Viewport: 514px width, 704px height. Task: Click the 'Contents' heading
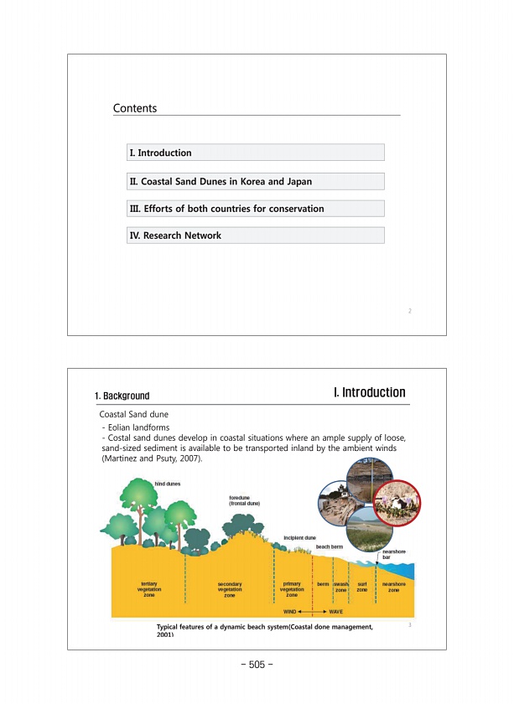[x=135, y=108]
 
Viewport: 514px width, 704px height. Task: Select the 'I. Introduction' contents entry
[x=160, y=153]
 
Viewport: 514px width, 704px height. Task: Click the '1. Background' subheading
[x=122, y=396]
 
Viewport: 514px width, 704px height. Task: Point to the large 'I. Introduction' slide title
[x=369, y=392]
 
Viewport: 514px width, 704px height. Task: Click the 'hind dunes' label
[x=168, y=484]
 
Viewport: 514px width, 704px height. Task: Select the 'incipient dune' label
[x=299, y=536]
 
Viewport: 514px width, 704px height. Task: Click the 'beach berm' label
[x=330, y=546]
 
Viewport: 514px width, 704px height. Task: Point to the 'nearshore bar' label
[x=394, y=554]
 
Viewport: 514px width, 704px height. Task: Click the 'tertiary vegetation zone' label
[x=148, y=588]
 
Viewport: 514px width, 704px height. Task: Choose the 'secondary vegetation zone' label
[x=230, y=589]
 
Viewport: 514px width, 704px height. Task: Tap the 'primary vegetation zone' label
[x=292, y=588]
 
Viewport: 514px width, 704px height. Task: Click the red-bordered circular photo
[x=395, y=501]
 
